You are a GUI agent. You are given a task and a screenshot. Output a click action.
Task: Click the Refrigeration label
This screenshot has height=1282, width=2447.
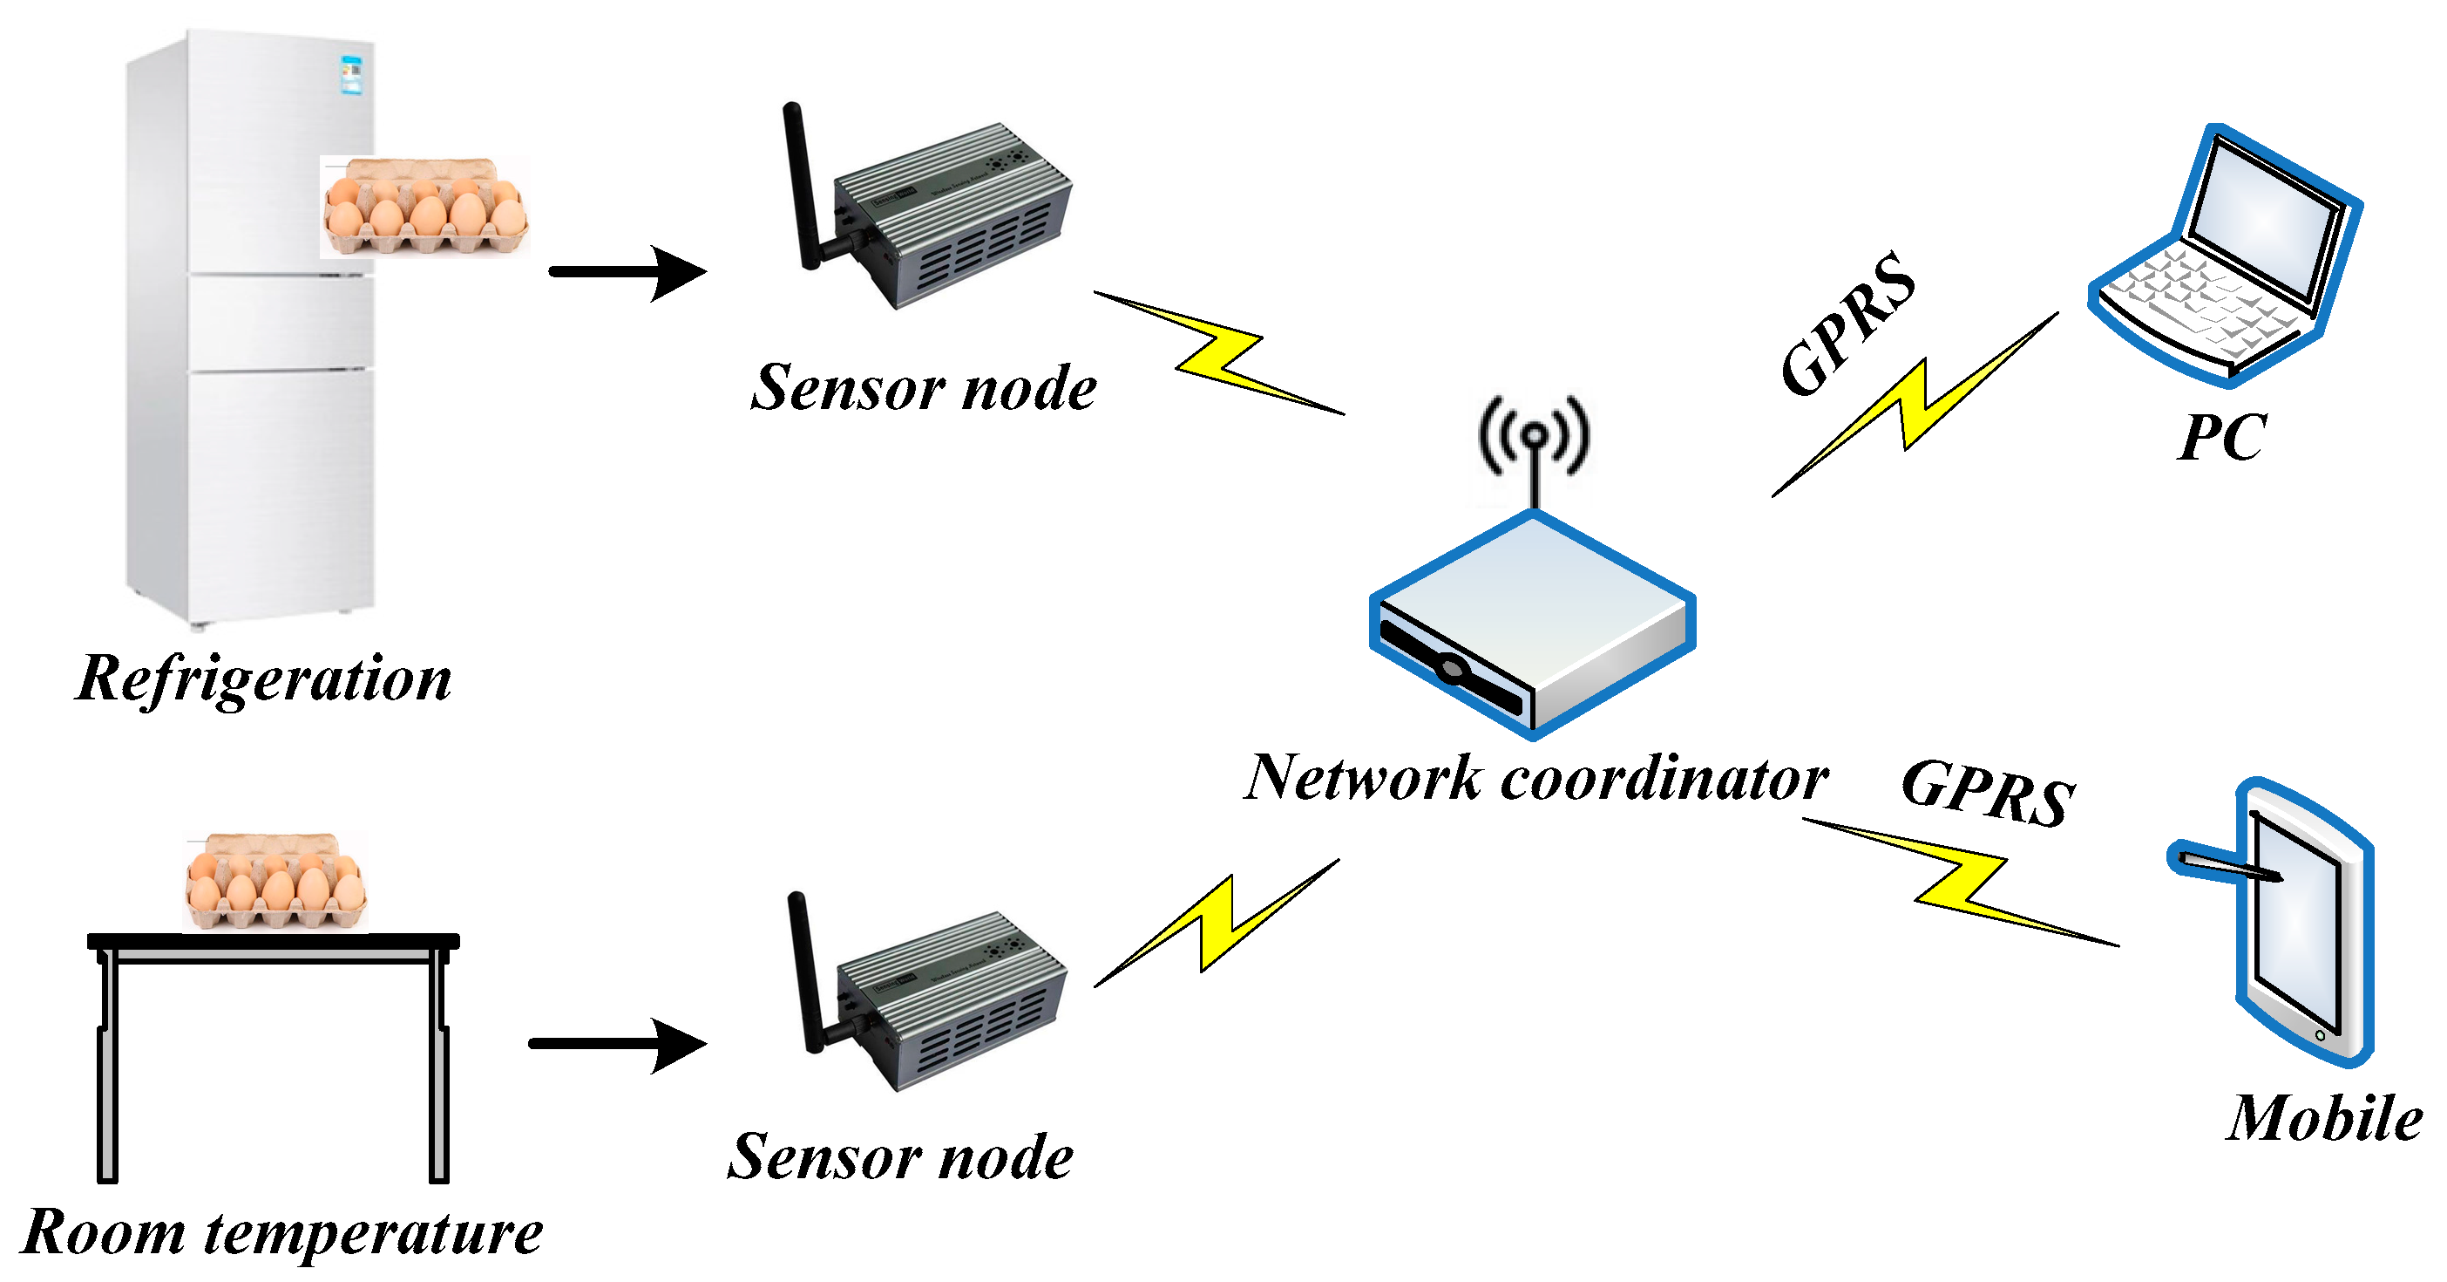(263, 679)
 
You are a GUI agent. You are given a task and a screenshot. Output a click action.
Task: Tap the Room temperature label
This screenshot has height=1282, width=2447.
(281, 1231)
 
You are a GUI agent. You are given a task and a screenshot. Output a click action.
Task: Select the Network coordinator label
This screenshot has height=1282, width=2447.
(1535, 778)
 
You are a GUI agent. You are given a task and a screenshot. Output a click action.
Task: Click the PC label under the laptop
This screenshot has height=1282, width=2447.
(2222, 437)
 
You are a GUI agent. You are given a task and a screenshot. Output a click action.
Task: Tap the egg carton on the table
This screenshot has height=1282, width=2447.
(275, 882)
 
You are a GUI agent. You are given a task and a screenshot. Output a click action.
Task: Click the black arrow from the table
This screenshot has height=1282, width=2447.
(619, 1045)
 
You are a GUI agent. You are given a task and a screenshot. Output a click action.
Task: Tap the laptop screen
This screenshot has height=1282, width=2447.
(2265, 219)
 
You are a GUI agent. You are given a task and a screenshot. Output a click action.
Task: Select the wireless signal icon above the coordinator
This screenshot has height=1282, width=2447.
(1533, 435)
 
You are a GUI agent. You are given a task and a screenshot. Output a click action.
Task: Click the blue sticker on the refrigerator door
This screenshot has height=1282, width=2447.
(351, 75)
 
